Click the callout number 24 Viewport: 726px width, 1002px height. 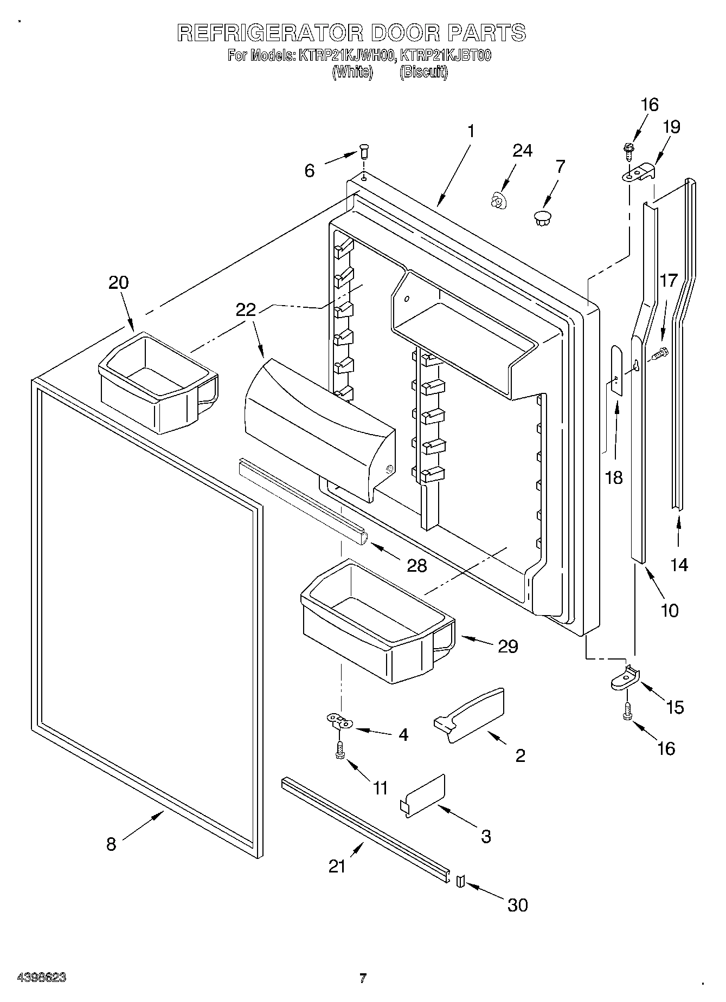(x=522, y=150)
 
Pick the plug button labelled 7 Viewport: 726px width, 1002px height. (x=542, y=218)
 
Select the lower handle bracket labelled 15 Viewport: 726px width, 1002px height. (x=625, y=677)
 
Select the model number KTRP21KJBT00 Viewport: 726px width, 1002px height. (x=445, y=55)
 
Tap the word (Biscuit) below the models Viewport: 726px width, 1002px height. (x=423, y=72)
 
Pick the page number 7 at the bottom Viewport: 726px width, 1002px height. (x=363, y=978)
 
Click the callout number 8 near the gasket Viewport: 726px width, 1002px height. (x=111, y=844)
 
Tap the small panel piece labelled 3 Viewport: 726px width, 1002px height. (x=424, y=794)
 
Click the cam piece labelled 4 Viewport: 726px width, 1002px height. (x=339, y=721)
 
